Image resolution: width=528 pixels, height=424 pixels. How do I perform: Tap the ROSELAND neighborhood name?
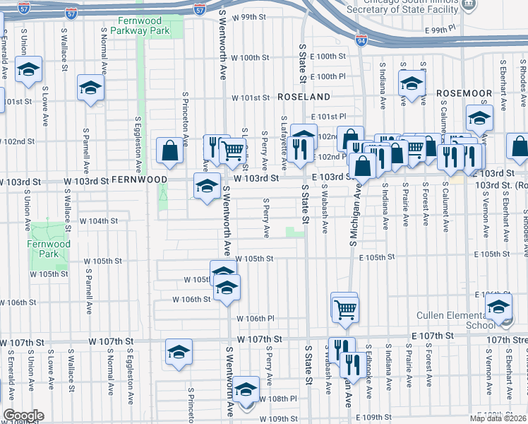[x=304, y=96]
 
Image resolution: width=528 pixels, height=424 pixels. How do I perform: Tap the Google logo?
[x=23, y=416]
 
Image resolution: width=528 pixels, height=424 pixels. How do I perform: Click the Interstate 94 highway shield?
[x=361, y=41]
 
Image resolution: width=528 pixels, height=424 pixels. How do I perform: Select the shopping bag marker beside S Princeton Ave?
[x=170, y=150]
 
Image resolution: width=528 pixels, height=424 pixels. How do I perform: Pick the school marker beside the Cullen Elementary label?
[x=499, y=307]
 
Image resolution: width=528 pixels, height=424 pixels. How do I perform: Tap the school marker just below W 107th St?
[x=179, y=352]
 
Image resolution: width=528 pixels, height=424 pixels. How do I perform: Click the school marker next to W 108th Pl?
[x=246, y=391]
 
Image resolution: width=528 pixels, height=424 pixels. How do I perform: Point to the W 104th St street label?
[x=98, y=221]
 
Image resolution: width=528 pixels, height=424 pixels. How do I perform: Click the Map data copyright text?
[x=498, y=418]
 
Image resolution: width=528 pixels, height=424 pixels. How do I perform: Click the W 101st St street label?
[x=252, y=98]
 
